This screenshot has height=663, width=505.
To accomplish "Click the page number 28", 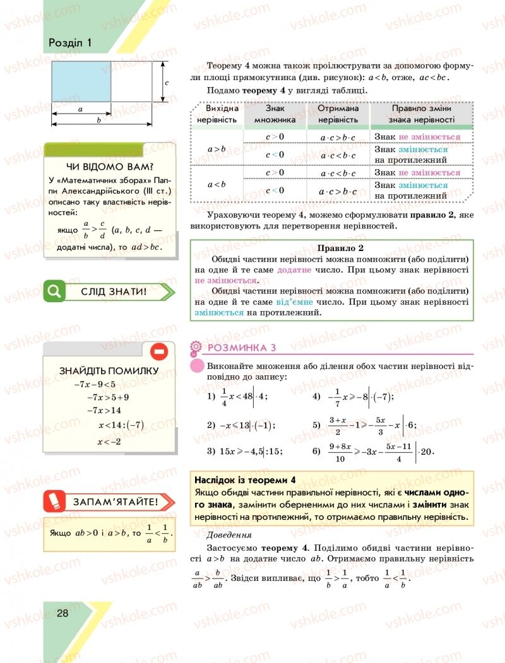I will (62, 613).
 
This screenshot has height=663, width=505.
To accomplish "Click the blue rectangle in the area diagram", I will (81, 81).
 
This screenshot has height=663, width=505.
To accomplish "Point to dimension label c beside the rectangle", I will (165, 82).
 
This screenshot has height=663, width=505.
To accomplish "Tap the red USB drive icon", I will (53, 502).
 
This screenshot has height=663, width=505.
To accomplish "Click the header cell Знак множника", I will (275, 114).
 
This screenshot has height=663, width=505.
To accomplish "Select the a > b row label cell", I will (217, 149).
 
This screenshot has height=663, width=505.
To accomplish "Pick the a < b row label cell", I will (217, 184).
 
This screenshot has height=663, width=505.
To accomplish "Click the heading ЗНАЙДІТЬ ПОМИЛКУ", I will (109, 370).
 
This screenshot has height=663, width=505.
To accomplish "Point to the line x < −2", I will (109, 441).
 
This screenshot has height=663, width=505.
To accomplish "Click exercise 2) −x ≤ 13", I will (241, 425).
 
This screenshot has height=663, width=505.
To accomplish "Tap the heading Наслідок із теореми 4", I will (246, 479).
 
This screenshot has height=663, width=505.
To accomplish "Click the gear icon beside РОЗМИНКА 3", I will (195, 347).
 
